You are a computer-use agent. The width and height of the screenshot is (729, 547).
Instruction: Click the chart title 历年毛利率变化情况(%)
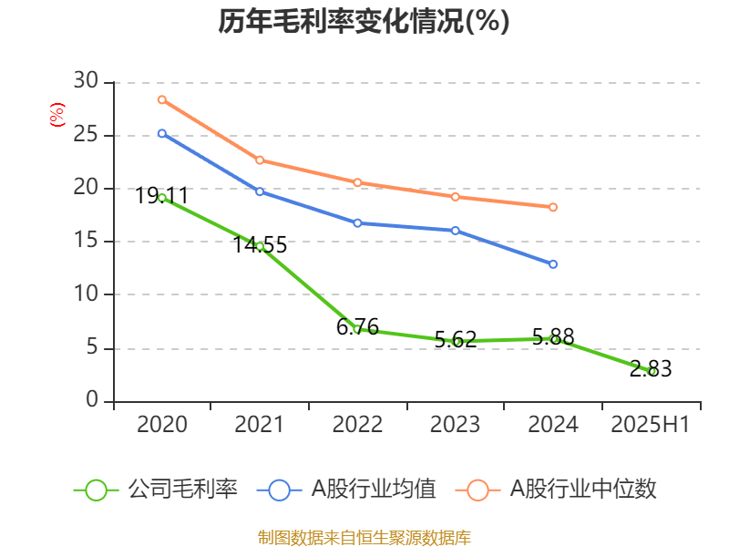point(364,22)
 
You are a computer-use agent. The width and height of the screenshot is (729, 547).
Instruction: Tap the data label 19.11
point(162,195)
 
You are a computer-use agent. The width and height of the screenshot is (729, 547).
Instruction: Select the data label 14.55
point(260,244)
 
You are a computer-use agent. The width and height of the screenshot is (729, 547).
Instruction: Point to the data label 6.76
point(357,325)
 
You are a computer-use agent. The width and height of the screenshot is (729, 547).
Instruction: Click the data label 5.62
point(456,339)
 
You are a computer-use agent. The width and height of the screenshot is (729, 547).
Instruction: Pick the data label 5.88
point(553,336)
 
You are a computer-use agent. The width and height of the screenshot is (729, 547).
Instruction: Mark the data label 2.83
point(651,368)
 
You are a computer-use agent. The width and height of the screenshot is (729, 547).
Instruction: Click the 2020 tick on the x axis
point(162,424)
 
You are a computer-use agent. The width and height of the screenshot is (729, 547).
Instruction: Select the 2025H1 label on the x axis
point(651,424)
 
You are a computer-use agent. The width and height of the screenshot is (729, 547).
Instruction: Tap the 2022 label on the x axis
point(357,424)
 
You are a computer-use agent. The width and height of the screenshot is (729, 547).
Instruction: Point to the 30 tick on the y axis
point(86,82)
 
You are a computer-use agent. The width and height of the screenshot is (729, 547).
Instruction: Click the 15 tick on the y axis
point(86,242)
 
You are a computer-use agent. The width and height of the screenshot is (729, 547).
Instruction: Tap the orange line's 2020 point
point(161,99)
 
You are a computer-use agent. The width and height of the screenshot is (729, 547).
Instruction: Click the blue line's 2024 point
point(553,264)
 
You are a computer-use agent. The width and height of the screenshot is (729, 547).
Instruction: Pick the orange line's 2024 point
point(553,207)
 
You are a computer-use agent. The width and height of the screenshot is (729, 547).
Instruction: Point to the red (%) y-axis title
point(57,115)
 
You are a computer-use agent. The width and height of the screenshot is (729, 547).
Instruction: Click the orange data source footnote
point(364,537)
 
